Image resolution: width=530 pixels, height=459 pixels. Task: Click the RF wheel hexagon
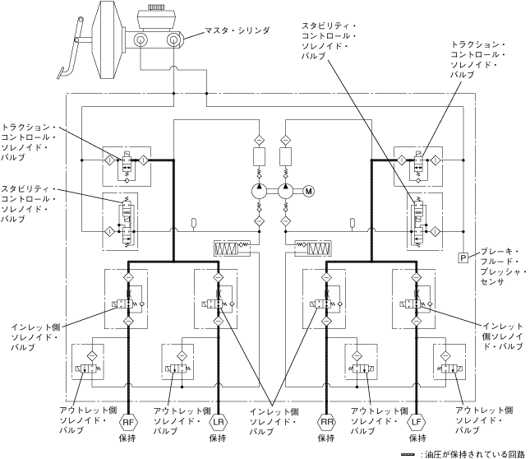point(128,422)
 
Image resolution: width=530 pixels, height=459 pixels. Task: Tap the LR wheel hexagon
point(219,422)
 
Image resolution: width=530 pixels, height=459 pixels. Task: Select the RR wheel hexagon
point(326,422)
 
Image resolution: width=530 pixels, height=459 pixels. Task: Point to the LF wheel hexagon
point(417,422)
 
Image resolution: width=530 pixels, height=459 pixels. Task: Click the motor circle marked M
point(309,192)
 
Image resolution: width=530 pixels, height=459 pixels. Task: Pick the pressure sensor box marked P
point(463,258)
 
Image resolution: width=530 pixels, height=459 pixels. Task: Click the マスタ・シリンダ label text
point(237,30)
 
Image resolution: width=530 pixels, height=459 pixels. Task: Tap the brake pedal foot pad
point(61,72)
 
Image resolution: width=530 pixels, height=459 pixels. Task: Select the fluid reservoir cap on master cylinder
point(155,7)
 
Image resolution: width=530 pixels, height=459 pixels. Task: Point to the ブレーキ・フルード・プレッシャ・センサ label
point(504,267)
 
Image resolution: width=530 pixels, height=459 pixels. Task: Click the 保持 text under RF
point(127,438)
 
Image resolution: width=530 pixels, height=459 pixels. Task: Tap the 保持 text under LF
point(417,438)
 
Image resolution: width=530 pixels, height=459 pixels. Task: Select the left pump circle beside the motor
point(260,192)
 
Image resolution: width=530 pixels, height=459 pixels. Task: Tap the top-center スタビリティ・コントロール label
point(329,41)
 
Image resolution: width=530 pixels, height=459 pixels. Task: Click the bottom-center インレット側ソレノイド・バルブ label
point(274,421)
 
